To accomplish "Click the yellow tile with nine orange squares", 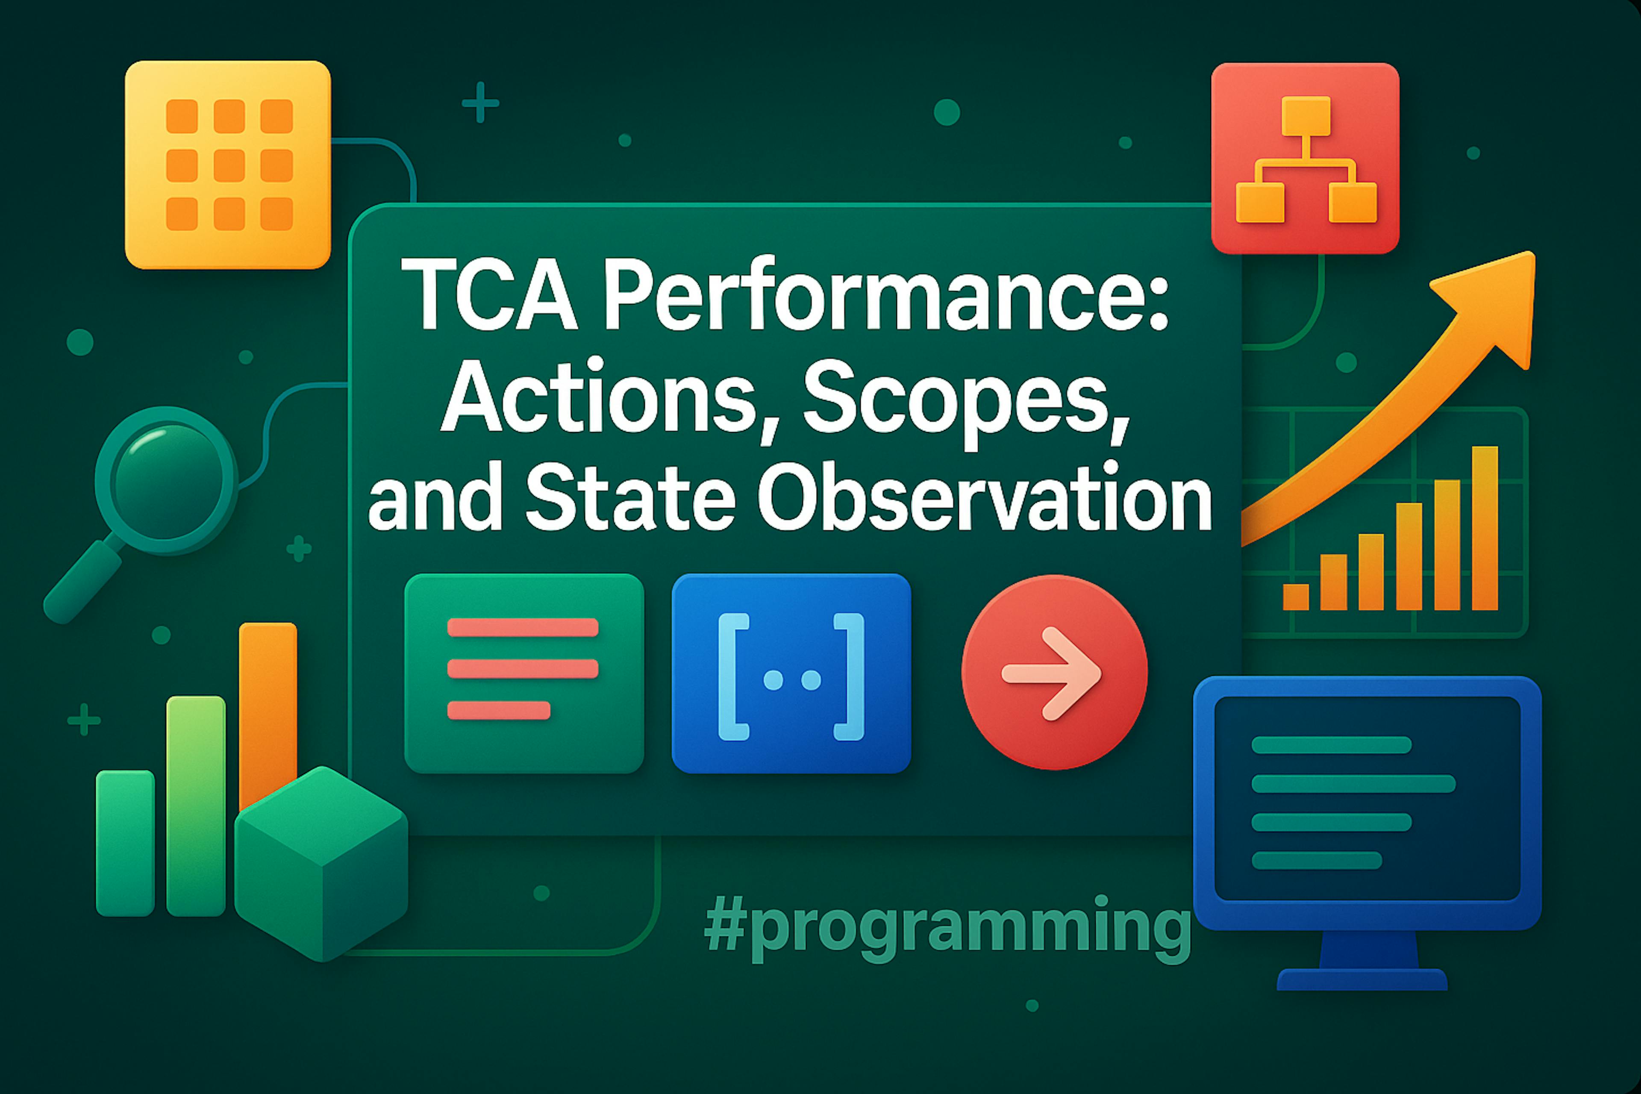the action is pos(227,165).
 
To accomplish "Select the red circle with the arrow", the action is pos(1054,672).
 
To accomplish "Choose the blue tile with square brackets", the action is pos(791,673).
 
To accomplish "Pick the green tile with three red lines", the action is pos(524,673).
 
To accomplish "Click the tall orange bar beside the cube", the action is pos(268,715).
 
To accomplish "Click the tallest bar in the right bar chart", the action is pos(1485,528).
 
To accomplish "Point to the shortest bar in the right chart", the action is pos(1296,597).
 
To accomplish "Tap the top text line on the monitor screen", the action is pos(1331,745).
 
